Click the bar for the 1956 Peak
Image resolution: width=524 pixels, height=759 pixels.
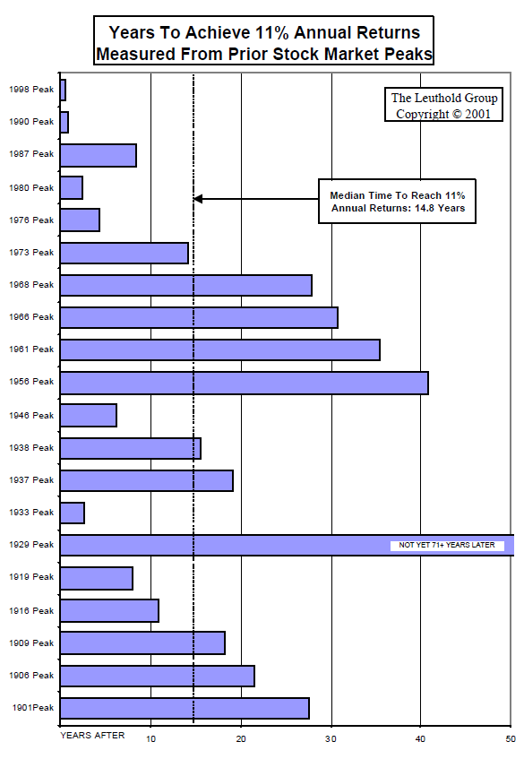pos(244,383)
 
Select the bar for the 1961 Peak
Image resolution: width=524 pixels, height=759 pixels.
pos(219,349)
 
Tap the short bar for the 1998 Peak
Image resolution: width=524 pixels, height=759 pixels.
pos(63,90)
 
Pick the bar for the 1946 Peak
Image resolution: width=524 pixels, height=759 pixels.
pos(88,415)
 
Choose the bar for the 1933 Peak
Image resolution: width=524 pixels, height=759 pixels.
pos(72,513)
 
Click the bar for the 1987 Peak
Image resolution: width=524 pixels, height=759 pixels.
pos(98,155)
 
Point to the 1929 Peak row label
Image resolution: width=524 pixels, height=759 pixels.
pos(31,545)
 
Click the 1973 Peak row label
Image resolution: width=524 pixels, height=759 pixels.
pos(31,253)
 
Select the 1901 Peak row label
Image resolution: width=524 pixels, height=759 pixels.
pos(31,708)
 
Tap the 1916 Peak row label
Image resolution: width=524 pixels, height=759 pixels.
pos(31,610)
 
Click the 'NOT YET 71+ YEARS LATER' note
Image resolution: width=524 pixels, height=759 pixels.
pos(447,545)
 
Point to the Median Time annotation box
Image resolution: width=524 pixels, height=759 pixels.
pos(397,201)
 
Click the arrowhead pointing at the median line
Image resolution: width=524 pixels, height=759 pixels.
pos(198,199)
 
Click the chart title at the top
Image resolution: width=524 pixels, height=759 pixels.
pos(263,43)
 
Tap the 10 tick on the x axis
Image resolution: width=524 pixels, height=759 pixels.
pos(150,738)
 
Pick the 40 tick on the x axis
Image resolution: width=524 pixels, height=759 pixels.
pos(421,738)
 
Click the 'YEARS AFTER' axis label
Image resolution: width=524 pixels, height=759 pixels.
pos(92,736)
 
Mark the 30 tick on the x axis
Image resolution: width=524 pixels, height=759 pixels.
pos(331,738)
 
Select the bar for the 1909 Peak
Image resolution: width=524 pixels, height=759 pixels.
pos(142,643)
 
